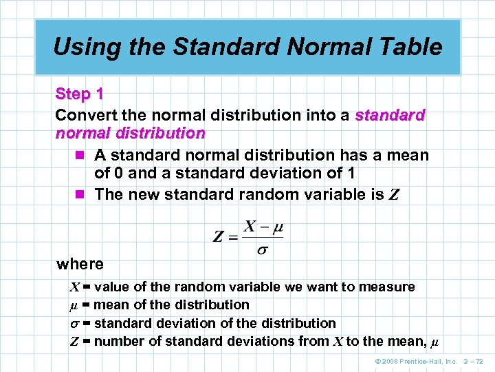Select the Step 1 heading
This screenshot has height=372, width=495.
coord(79,94)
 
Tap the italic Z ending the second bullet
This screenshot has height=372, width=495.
coord(393,194)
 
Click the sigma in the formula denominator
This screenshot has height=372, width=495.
coord(263,249)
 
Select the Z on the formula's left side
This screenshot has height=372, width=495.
coord(219,238)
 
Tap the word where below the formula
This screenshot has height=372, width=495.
coord(80,264)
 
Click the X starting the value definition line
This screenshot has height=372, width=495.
coord(74,287)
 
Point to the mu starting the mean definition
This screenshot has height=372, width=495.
coord(74,304)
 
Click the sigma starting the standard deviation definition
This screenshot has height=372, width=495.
coord(74,323)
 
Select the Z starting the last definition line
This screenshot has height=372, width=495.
coord(74,341)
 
